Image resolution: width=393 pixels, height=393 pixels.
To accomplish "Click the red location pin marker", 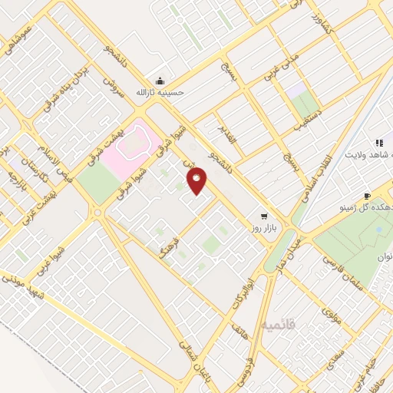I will coord(196,180).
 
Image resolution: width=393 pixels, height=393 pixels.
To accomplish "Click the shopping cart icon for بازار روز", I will coord(265,216).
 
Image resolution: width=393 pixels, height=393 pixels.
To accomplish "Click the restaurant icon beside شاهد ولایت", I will coord(379,143).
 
